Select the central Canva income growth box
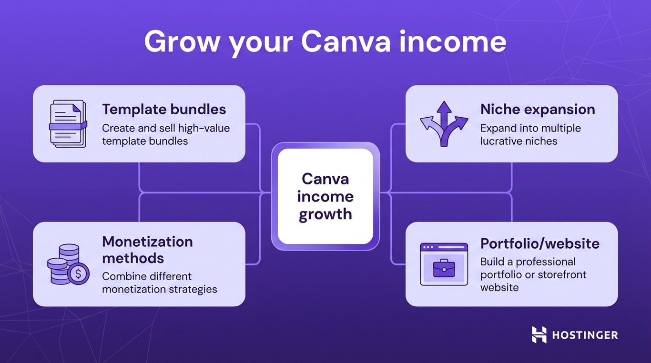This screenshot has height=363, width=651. pos(325,196)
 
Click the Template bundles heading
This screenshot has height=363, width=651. pos(164,109)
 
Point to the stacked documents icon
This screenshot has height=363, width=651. pos(68,124)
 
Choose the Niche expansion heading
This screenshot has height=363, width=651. pos(537,109)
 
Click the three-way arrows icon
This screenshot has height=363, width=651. pos(444,124)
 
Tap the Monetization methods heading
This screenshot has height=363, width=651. pos(147,250)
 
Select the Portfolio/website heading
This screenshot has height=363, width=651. pos(539,243)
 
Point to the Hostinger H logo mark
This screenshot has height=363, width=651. pos(539,335)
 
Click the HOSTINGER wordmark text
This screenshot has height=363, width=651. pos(585,335)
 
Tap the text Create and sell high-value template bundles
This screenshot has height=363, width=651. pos(166,134)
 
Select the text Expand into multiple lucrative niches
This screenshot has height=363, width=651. pos(530,134)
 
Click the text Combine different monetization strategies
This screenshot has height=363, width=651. pos(159,282)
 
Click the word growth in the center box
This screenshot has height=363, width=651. pos(325,214)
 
